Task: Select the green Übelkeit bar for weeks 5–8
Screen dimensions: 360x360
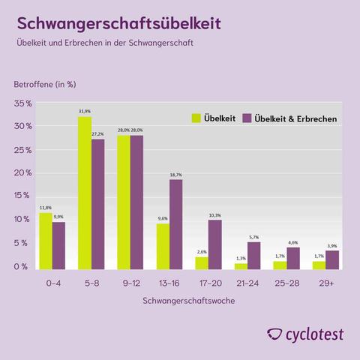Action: tap(85, 193)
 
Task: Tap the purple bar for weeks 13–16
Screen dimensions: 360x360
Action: tap(175, 224)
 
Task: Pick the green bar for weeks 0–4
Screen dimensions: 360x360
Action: tap(46, 241)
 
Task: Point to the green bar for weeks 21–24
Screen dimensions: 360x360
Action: tap(241, 265)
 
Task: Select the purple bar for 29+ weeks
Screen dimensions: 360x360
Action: tap(332, 259)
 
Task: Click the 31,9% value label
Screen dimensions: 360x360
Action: tap(85, 111)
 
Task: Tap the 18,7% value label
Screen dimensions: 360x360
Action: tap(175, 174)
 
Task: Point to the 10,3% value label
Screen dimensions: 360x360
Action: tap(214, 214)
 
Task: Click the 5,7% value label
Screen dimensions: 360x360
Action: tap(253, 237)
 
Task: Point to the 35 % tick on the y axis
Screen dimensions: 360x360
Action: tap(23, 103)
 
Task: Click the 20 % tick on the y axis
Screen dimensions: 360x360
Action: tap(23, 173)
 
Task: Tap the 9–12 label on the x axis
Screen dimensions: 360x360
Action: tap(130, 284)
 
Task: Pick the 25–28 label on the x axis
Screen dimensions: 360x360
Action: tap(286, 284)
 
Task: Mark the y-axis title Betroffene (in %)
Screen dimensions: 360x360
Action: tap(45, 83)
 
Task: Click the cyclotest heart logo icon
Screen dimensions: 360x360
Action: tap(275, 334)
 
